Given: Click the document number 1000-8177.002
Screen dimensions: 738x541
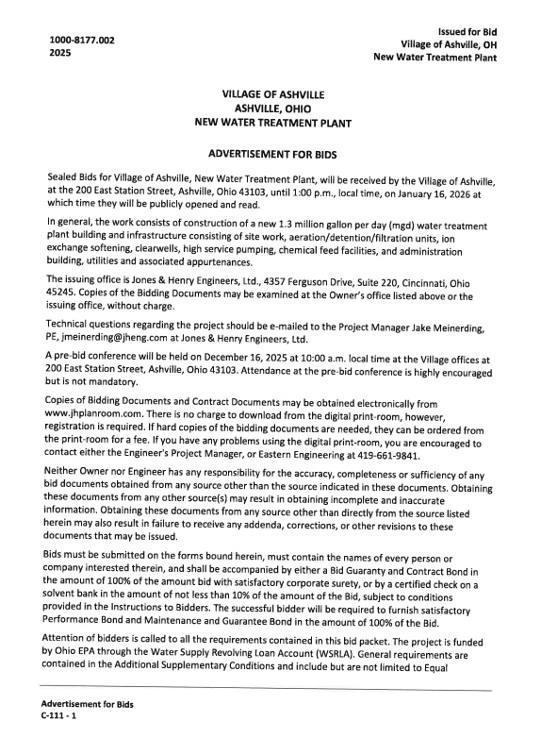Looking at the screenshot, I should click(82, 40).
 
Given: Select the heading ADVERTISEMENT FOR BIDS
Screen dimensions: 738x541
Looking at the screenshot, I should click(271, 152).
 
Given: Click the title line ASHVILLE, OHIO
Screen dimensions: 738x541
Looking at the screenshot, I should click(271, 109).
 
